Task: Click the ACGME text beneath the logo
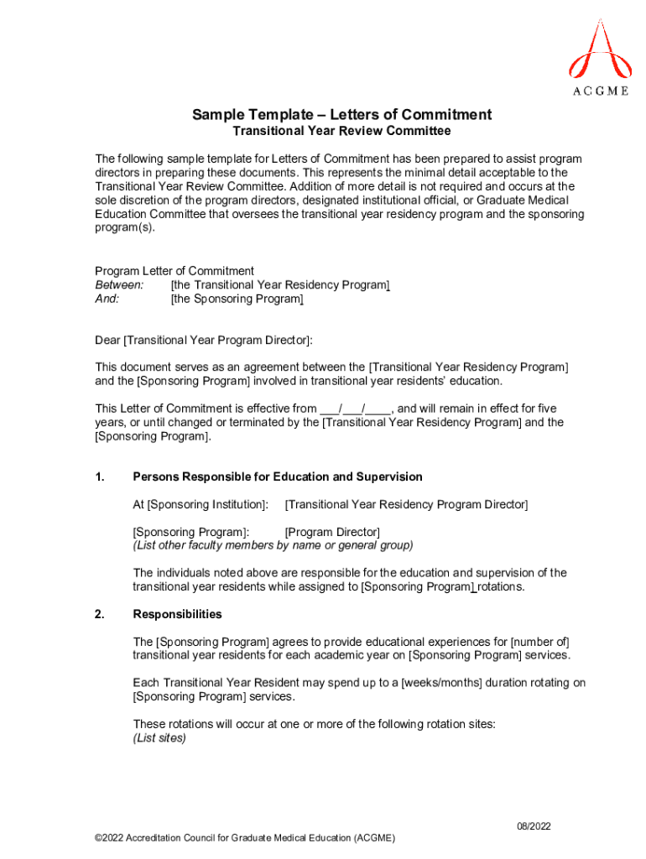click(x=600, y=91)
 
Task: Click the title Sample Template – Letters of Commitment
click(x=341, y=115)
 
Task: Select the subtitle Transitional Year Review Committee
click(x=341, y=132)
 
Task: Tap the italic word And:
click(x=107, y=299)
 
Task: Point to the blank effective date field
click(x=355, y=409)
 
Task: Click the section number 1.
click(x=100, y=477)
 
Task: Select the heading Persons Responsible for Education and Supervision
click(x=278, y=477)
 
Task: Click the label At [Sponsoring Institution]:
click(x=201, y=504)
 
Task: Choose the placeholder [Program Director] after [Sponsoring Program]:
click(x=332, y=533)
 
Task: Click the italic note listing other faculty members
click(x=273, y=545)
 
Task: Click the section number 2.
click(x=100, y=614)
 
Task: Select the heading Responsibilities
click(x=177, y=614)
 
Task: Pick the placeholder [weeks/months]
click(x=440, y=683)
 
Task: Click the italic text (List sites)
click(x=159, y=738)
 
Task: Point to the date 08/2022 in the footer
click(x=534, y=827)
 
